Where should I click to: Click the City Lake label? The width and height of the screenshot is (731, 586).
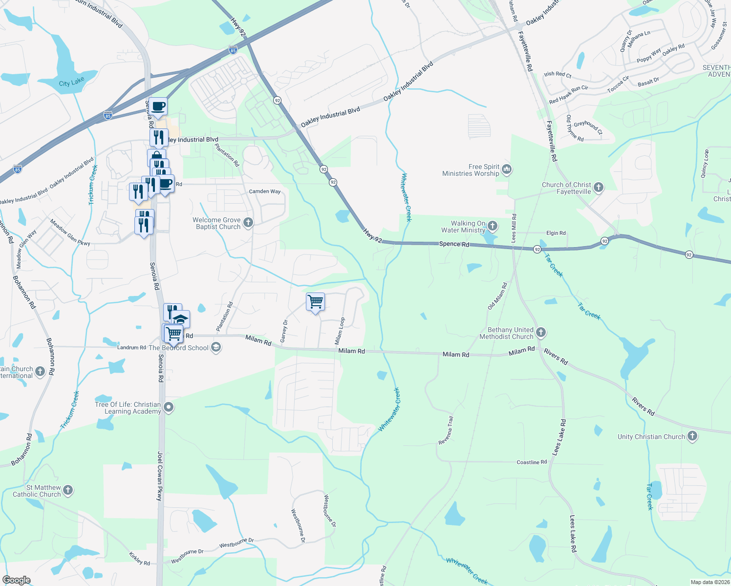(71, 82)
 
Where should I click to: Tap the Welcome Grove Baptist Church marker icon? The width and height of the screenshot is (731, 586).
(248, 223)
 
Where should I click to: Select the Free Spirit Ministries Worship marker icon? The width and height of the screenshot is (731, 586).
(507, 170)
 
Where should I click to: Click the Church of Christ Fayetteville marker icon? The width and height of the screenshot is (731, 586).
(599, 188)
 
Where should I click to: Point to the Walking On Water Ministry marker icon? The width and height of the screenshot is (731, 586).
(493, 226)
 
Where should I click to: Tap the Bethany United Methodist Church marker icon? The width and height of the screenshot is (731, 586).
(540, 333)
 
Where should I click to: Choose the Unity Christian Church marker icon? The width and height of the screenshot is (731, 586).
(692, 436)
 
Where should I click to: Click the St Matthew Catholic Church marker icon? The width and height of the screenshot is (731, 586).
(68, 490)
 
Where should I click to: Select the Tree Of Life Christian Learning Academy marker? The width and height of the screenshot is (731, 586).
(169, 407)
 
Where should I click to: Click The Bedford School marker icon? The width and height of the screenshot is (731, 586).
(216, 347)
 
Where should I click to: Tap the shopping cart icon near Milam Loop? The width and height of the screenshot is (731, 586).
(316, 302)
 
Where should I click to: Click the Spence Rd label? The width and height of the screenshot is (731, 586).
(454, 244)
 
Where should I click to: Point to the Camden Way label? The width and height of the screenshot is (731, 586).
(265, 191)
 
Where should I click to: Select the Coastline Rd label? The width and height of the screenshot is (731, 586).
(532, 462)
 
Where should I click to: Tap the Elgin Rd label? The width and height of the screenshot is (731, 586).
(556, 233)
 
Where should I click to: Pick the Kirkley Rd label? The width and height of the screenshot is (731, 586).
(139, 559)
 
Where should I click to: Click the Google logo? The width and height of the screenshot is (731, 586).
(17, 580)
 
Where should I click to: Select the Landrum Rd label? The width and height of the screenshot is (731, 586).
(131, 348)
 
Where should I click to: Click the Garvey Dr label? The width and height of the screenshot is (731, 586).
(284, 331)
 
